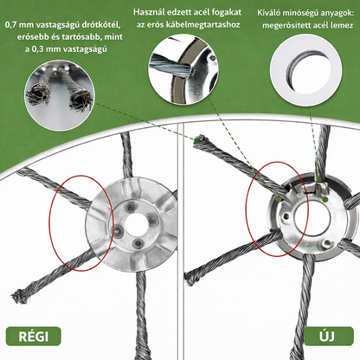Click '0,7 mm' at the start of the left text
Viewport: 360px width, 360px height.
tap(21, 25)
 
